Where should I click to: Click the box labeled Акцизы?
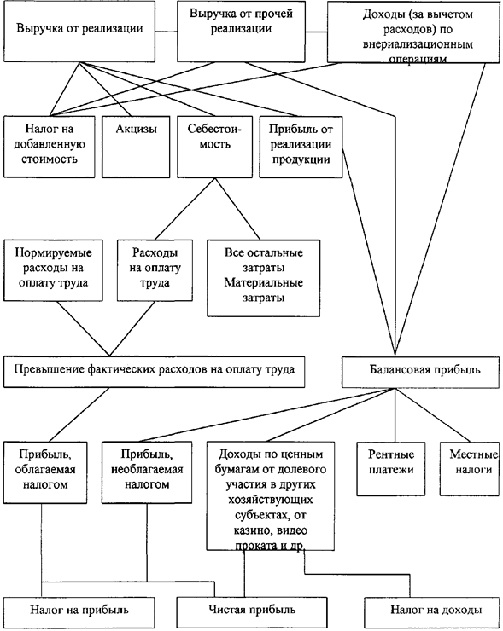click(136, 147)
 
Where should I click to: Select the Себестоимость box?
click(215, 147)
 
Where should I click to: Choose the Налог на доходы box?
click(433, 612)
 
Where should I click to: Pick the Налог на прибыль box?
click(79, 612)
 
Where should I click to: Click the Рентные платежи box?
click(391, 469)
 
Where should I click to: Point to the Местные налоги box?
click(471, 469)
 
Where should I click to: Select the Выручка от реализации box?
click(79, 32)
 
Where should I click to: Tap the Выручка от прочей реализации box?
click(241, 32)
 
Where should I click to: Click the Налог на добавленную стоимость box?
click(50, 147)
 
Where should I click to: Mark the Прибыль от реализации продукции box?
click(301, 147)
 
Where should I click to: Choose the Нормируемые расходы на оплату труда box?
click(53, 270)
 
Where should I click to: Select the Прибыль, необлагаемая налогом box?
click(147, 472)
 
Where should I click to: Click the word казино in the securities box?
click(252, 530)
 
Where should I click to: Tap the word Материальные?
click(264, 282)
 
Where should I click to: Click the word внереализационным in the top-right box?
click(418, 44)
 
